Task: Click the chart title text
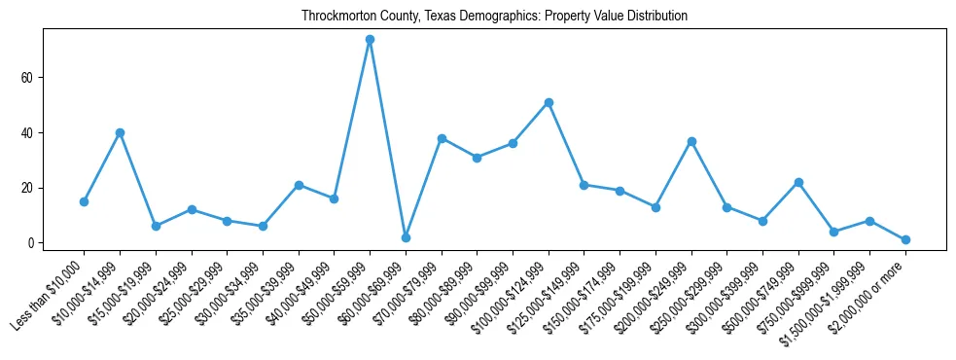(494, 16)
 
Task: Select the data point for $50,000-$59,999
(370, 40)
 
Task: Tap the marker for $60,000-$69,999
(406, 237)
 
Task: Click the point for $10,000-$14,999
(120, 132)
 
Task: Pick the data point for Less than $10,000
(84, 201)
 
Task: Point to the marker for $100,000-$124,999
(549, 102)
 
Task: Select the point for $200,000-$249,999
(691, 141)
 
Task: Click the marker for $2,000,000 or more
(905, 239)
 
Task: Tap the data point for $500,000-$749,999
(798, 182)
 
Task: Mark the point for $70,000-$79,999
(442, 138)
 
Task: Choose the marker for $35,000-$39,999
(299, 185)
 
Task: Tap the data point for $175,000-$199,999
(655, 207)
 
